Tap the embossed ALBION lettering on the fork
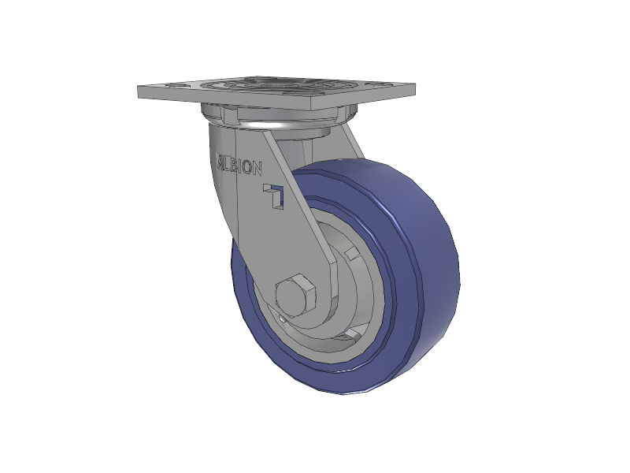click(240, 165)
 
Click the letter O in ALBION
click(248, 167)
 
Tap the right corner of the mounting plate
click(416, 84)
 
